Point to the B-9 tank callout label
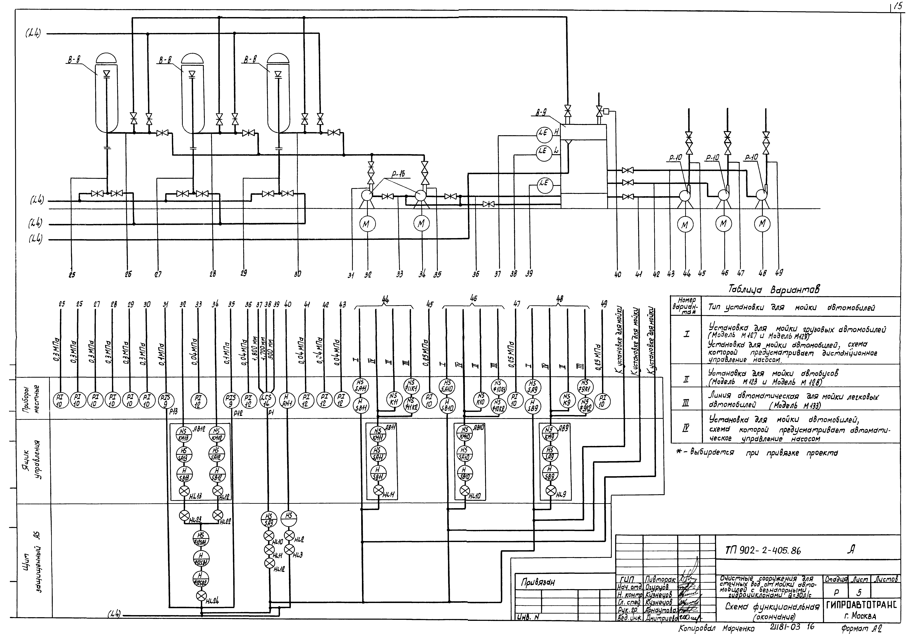pyautogui.click(x=539, y=113)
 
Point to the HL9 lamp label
pyautogui.click(x=560, y=495)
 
